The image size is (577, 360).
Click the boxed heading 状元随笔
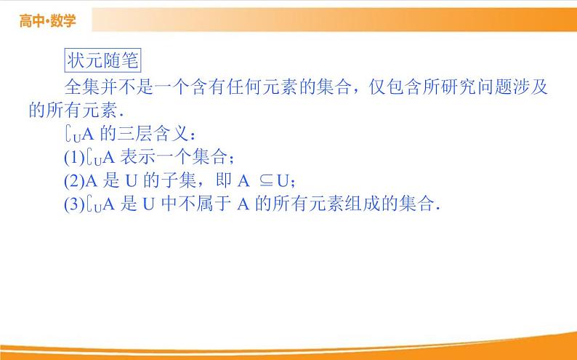coord(95,61)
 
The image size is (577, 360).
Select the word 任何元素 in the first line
coord(259,87)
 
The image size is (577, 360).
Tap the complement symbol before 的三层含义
coord(70,135)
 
